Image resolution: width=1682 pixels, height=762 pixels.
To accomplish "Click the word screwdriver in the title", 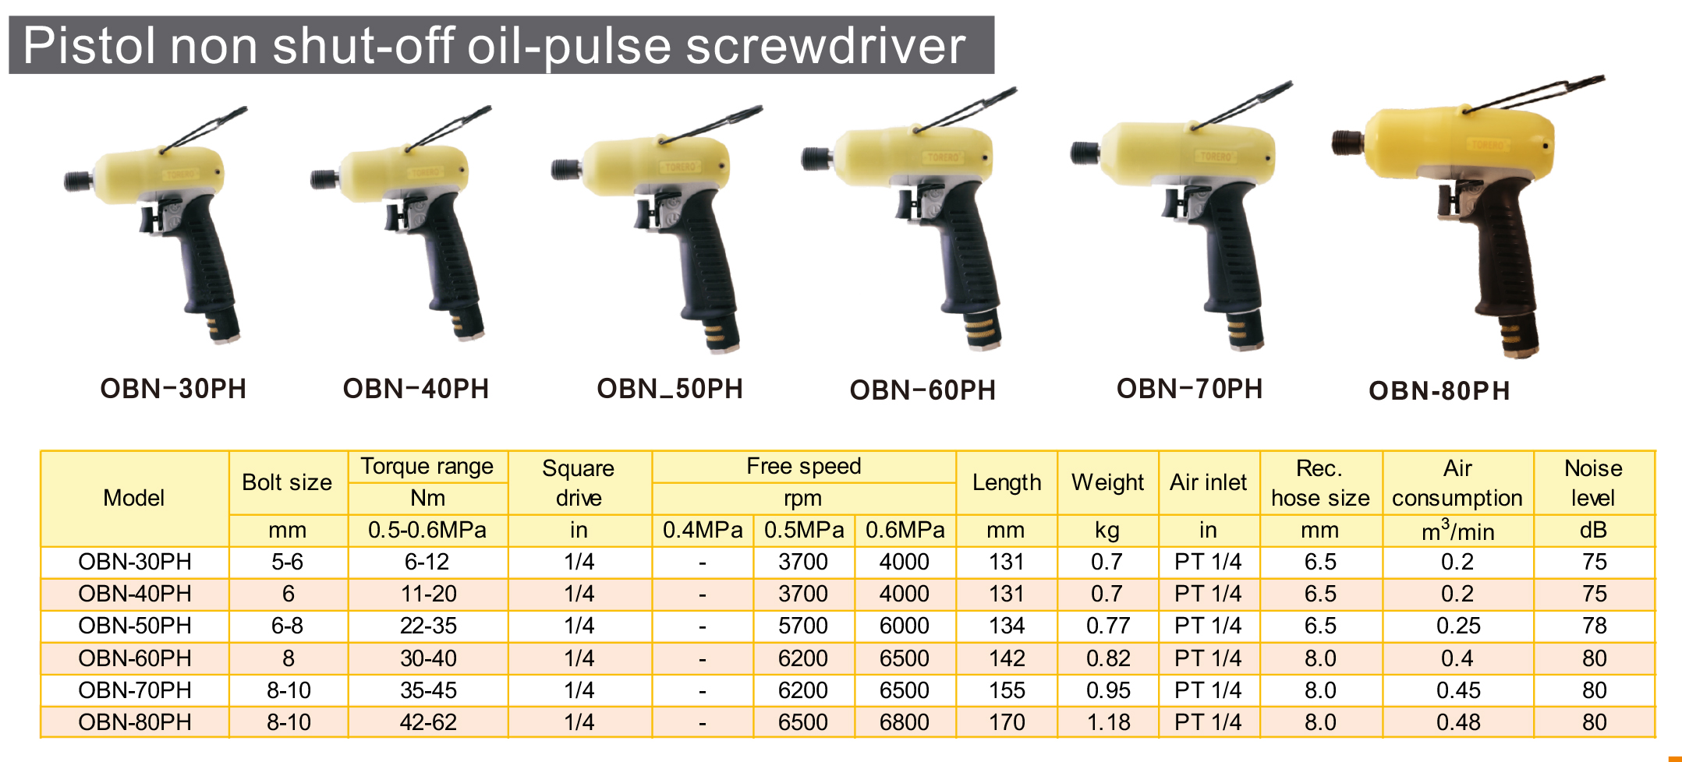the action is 825,46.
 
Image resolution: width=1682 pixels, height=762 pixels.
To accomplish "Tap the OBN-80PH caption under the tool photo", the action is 1439,390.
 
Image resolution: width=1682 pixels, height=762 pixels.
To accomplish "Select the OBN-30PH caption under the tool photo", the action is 173,389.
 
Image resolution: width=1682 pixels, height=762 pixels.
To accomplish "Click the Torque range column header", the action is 427,466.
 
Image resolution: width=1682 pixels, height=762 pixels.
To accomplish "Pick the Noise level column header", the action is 1593,483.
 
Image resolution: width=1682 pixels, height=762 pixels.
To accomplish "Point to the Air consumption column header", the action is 1457,483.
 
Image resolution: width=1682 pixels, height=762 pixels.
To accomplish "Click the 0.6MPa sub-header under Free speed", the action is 905,531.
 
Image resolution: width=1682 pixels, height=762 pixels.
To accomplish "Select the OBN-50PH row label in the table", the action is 135,626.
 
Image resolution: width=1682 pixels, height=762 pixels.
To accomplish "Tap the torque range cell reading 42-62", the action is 428,722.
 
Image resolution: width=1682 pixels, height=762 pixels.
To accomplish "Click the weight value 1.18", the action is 1108,722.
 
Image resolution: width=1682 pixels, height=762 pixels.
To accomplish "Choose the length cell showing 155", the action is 1007,690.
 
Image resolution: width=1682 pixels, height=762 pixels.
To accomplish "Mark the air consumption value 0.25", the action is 1458,626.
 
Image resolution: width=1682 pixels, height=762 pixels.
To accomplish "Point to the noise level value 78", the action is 1594,626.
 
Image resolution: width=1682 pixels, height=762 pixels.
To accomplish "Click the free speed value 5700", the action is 803,626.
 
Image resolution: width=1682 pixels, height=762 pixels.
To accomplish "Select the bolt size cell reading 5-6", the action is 288,562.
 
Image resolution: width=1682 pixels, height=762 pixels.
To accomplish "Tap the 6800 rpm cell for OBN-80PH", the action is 905,722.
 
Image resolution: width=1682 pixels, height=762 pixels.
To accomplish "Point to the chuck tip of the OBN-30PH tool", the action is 76,182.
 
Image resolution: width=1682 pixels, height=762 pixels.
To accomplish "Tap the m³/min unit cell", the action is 1457,531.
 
